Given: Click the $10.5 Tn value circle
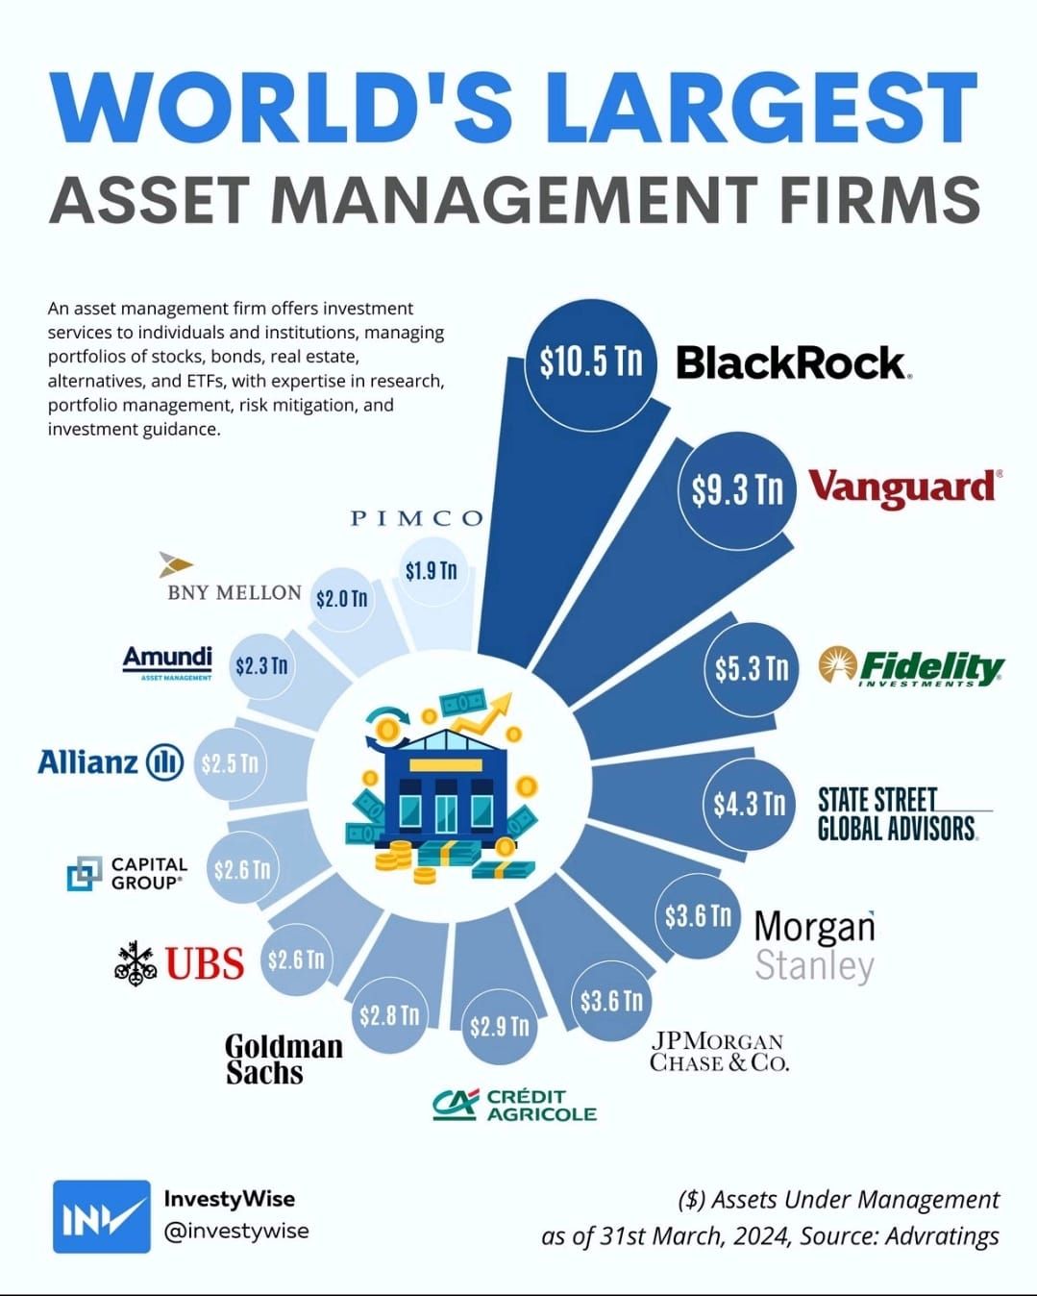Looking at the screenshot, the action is coord(591,363).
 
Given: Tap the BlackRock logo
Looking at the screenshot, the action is coord(794,362).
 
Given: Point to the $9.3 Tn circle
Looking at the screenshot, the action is coord(737,491).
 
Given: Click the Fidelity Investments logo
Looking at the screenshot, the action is coord(911,667).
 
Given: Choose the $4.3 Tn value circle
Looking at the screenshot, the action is coord(750,804).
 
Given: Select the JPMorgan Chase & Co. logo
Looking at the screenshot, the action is coord(719,1052).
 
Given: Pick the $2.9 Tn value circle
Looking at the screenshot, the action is coord(499,1027).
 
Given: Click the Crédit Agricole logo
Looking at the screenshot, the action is coord(515,1106).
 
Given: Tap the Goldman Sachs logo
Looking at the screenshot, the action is coord(284,1059).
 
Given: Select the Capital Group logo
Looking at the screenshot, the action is coord(127,874).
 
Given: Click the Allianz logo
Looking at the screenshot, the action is coord(111,761).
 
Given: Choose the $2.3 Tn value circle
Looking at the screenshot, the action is coord(262,666).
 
